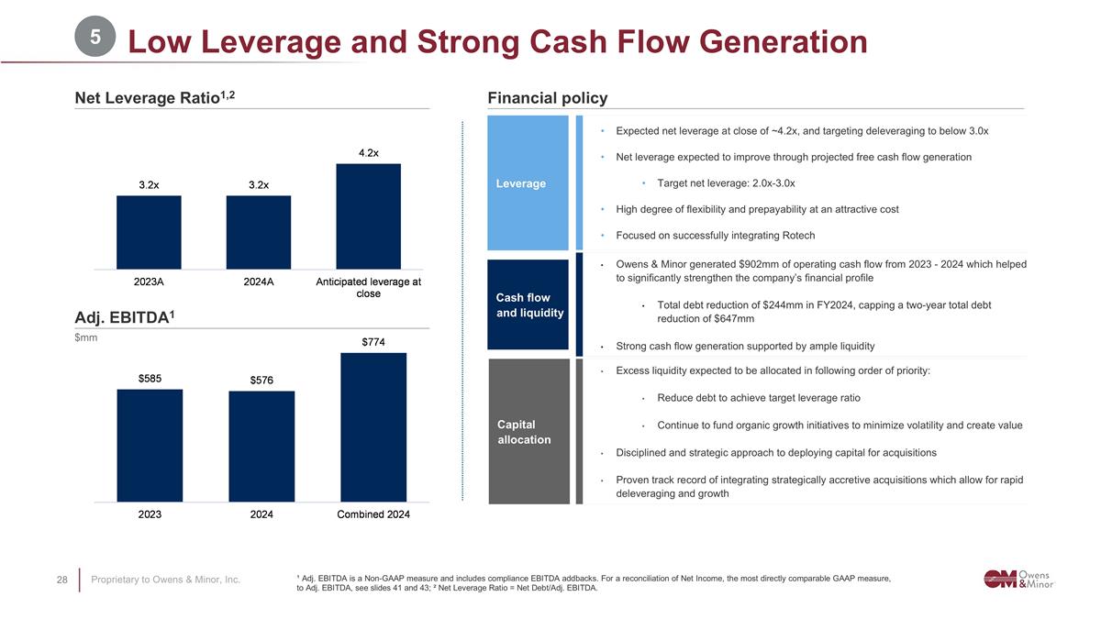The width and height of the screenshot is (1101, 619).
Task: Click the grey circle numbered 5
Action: coord(95,39)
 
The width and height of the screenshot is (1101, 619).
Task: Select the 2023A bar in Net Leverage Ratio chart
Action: coord(149,233)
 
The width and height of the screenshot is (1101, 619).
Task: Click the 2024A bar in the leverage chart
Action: coord(259,233)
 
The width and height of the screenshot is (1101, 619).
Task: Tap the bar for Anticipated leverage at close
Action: coord(369,216)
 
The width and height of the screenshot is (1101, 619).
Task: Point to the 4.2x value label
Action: coord(369,153)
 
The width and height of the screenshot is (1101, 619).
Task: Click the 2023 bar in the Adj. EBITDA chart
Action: coord(150,446)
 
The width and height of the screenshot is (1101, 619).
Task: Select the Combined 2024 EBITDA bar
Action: coord(373,427)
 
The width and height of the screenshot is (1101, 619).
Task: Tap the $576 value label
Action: coord(261,380)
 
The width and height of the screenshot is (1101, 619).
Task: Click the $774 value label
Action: coord(373,342)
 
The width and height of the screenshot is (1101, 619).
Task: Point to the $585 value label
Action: coord(150,378)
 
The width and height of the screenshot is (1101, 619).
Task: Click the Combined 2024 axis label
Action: coord(373,514)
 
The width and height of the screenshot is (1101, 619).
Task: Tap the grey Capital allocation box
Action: coord(528,431)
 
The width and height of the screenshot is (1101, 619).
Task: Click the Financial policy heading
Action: coord(548,98)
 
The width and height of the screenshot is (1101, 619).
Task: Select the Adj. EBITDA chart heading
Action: coord(125,317)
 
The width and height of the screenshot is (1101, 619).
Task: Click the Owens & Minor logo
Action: coord(1018,578)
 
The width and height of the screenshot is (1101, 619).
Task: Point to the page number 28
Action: coord(63,580)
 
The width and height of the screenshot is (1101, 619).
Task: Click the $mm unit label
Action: coord(86,338)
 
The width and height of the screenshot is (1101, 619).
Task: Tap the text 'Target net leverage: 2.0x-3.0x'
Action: coord(726,182)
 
